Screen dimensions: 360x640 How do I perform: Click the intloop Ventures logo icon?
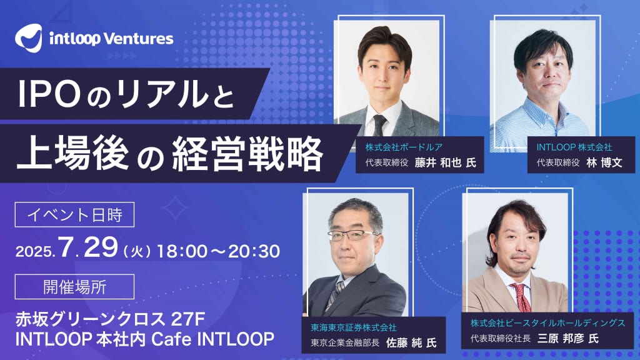coord(29,39)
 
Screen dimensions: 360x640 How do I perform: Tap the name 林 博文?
coord(597,162)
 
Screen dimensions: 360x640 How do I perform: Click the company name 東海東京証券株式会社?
coord(354,327)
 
